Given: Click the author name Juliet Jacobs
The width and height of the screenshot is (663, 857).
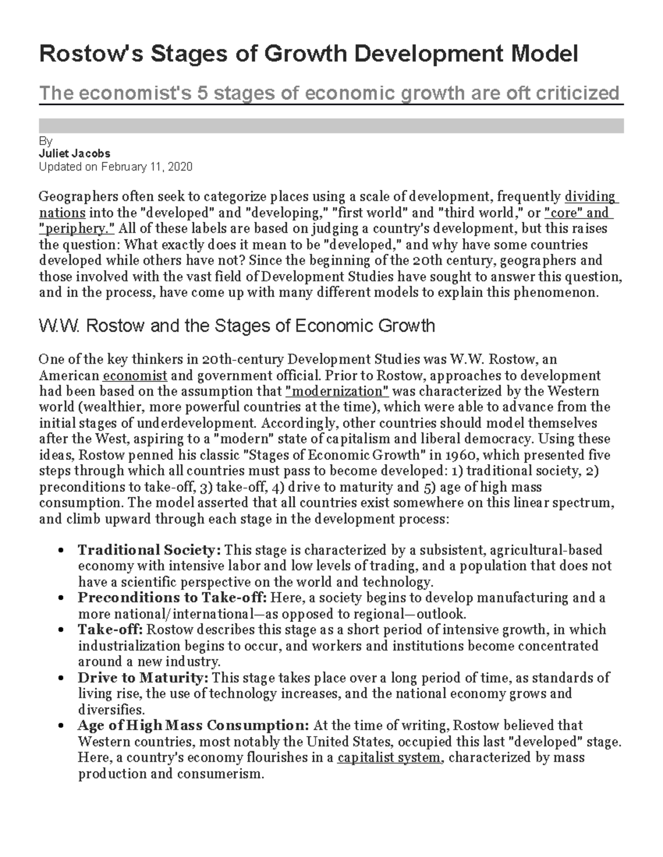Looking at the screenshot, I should click(x=75, y=153).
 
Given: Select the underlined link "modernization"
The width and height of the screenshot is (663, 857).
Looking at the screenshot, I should click(x=338, y=391).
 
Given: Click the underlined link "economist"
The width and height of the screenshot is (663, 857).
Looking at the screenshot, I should click(x=135, y=376).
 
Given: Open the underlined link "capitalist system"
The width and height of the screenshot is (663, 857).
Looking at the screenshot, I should click(x=390, y=758).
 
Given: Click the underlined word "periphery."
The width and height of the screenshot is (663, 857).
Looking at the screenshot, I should click(x=77, y=228).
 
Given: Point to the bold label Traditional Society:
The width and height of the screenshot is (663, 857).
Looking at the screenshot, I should click(x=149, y=550).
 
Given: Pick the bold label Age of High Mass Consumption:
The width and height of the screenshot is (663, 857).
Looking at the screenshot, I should click(x=193, y=726).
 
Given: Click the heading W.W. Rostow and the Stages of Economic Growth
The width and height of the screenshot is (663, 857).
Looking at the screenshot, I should click(x=236, y=326).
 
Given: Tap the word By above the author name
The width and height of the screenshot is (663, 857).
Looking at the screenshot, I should click(x=45, y=142).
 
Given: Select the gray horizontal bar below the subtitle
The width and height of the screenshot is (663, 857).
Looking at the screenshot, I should click(x=331, y=126).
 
